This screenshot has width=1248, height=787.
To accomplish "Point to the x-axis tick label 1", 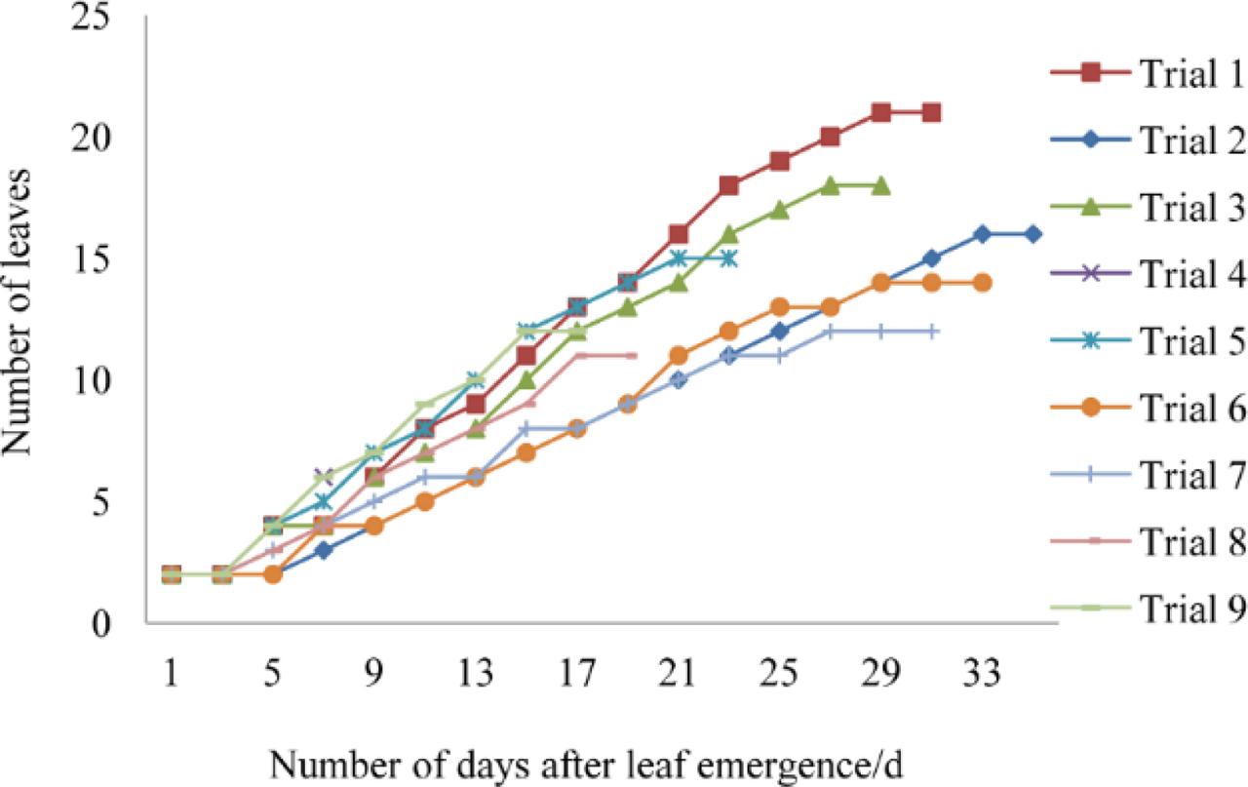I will (x=172, y=672).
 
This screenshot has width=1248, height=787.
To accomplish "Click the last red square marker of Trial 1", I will (x=931, y=113).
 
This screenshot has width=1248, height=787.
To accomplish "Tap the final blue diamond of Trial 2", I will (x=1033, y=234).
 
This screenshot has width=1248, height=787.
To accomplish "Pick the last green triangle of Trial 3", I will (x=880, y=185).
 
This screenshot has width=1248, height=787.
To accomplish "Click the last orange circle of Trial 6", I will (x=982, y=283).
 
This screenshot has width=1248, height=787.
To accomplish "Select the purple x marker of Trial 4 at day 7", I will (x=324, y=477).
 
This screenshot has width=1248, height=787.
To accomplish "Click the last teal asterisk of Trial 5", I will (x=728, y=258).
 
